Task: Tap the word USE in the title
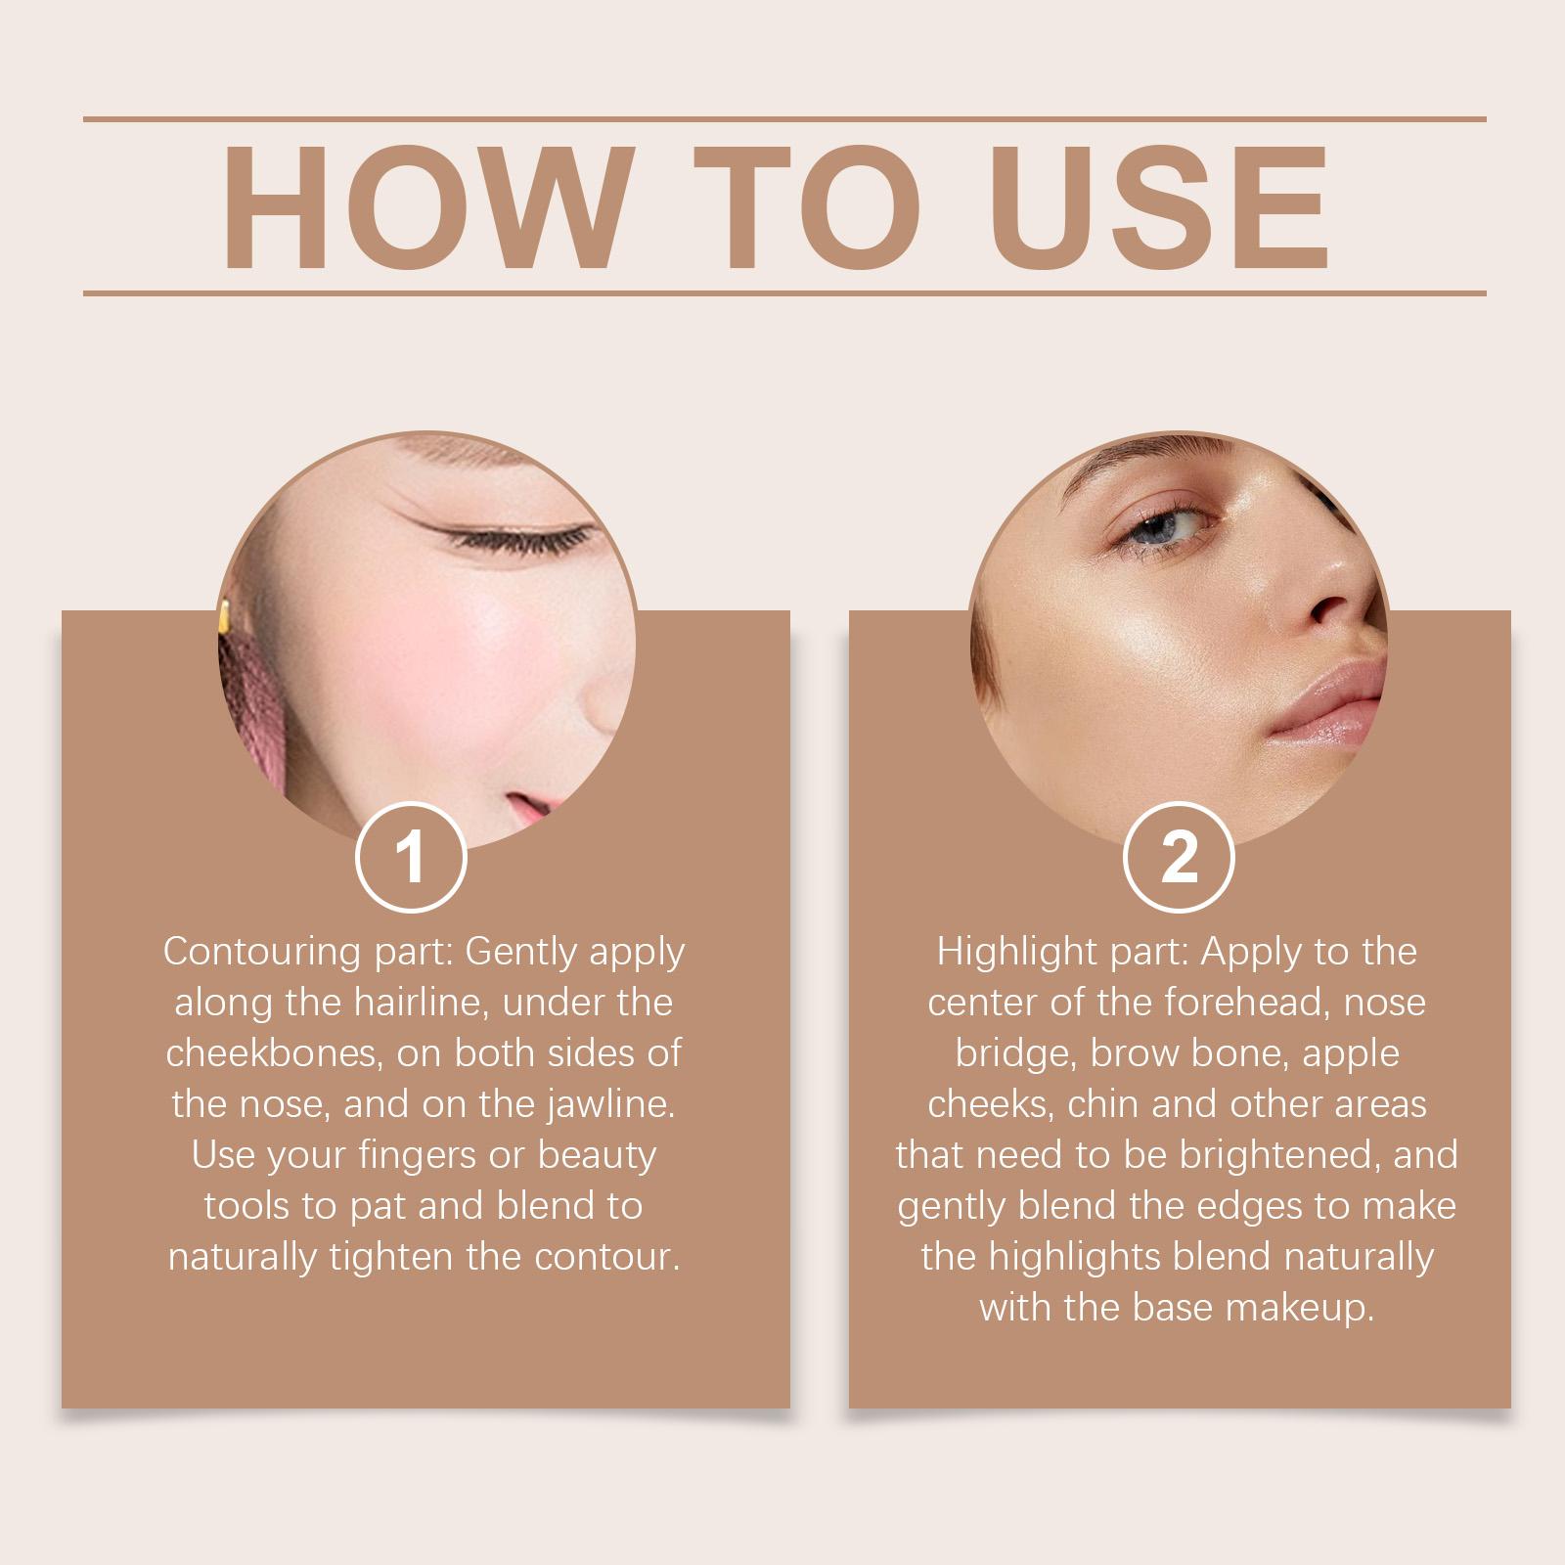point(1164,207)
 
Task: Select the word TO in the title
point(808,207)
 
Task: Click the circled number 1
point(411,857)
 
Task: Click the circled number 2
point(1179,857)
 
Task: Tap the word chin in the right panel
point(1105,1104)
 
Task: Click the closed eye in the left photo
point(518,538)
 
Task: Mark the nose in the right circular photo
point(1340,597)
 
